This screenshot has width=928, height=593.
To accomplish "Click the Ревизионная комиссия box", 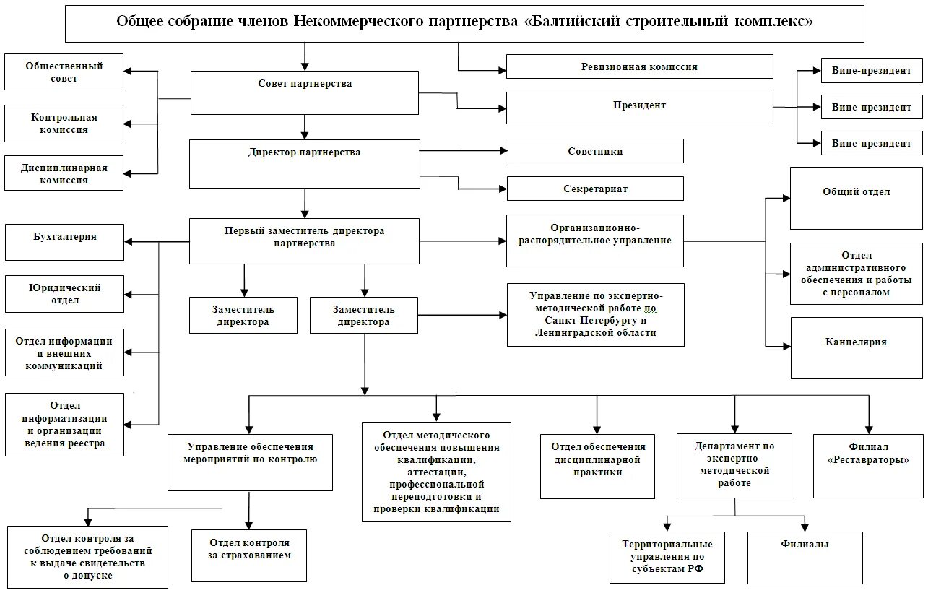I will coord(639,66).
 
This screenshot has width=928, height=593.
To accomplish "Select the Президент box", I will coord(639,106).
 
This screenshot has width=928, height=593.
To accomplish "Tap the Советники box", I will coord(595,151).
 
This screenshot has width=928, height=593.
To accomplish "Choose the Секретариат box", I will coord(595,189).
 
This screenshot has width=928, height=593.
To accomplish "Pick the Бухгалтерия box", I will coord(64,242).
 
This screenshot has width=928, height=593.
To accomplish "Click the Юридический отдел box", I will coord(64,294).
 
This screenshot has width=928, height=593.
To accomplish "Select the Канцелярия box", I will coord(856,347).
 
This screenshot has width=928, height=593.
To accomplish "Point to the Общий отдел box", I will coord(856,198).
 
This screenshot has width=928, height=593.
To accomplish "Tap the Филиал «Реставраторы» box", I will coord(868,465).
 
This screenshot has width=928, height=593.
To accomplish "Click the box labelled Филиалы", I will coord(805,557).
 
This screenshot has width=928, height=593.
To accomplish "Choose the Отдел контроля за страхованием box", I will coord(249,555).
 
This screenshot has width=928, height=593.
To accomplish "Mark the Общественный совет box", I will coord(64,72).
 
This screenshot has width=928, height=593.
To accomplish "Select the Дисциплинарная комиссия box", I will coord(64,173).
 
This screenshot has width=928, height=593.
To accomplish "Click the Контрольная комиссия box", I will coord(64,123).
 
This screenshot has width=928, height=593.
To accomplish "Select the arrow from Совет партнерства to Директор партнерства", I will coord(305,126).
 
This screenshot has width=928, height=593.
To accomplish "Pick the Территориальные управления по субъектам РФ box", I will coord(667,557).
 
